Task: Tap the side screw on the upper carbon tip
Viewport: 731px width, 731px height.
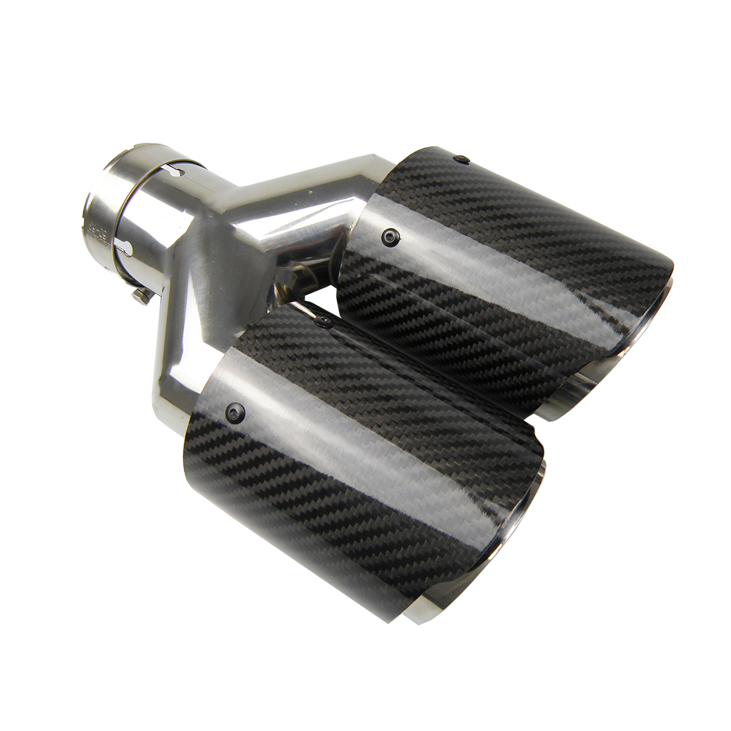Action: (389, 235)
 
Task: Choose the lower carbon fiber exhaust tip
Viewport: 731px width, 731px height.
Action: (353, 426)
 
